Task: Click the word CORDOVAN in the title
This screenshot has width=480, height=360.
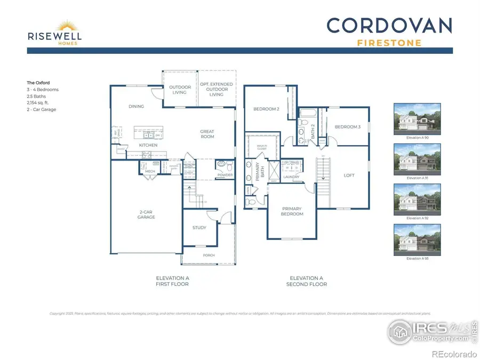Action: pos(389,26)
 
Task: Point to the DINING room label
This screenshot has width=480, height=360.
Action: pos(137,107)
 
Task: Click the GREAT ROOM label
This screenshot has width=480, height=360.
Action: pos(207,134)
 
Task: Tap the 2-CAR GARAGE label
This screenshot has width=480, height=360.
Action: pos(146,214)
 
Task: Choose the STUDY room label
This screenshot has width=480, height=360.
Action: pos(199,228)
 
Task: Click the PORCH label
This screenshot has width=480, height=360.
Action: pos(209,255)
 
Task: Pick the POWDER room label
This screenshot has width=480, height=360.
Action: pos(224,174)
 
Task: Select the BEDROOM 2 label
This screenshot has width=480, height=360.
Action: pos(267,109)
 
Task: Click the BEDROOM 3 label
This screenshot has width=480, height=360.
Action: pos(348,127)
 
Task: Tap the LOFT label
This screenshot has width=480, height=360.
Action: pos(349,175)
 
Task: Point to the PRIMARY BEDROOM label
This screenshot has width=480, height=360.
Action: pos(292,211)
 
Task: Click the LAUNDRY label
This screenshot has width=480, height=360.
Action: pos(291,177)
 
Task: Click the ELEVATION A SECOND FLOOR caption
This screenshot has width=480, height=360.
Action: pos(308,281)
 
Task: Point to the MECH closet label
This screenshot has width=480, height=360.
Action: pos(150,172)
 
